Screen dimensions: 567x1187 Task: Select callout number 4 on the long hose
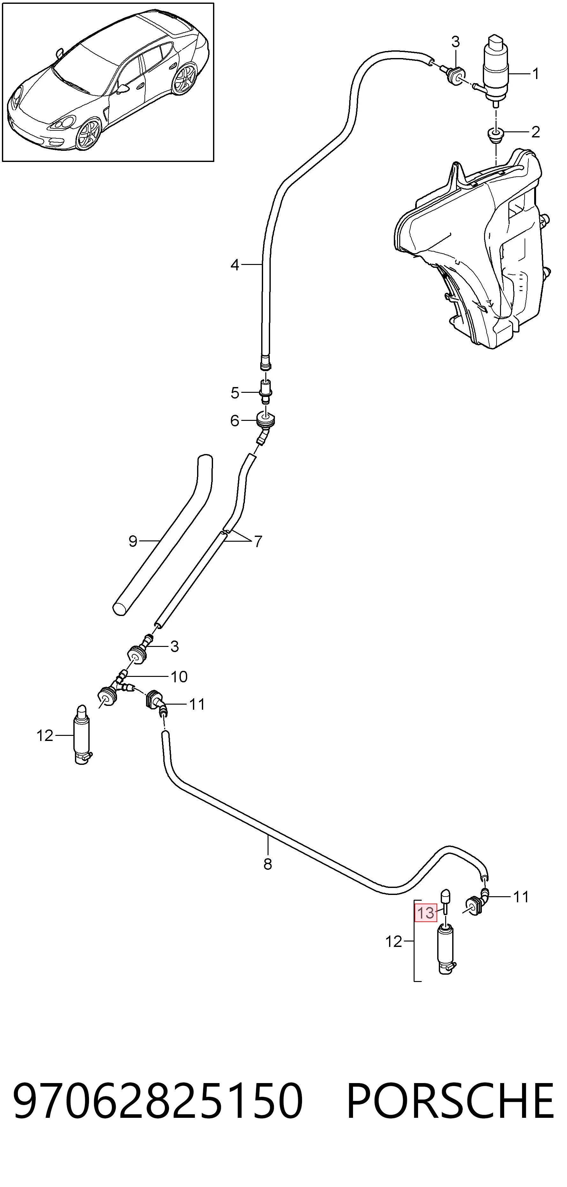coord(235,265)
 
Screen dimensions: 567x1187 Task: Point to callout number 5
coord(235,393)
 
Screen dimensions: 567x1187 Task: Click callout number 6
coord(235,421)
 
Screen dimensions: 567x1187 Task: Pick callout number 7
coord(258,541)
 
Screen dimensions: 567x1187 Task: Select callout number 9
coord(133,541)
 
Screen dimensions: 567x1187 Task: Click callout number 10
coord(179,677)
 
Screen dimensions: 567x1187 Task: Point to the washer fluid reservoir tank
coord(470,249)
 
